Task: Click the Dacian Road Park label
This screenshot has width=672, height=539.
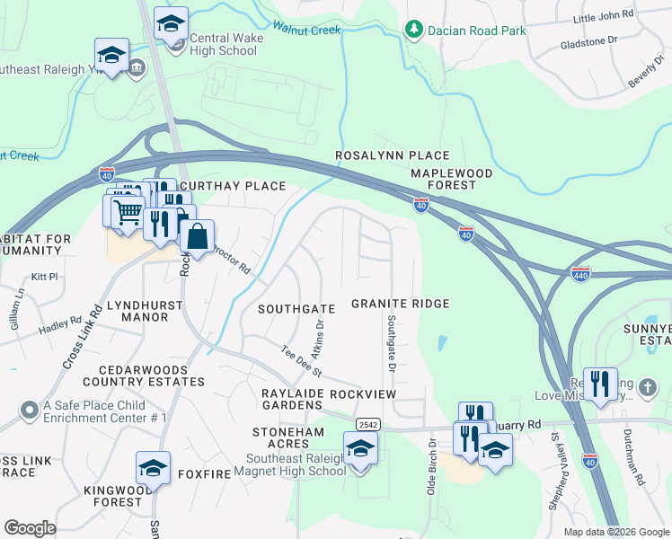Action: coord(477,31)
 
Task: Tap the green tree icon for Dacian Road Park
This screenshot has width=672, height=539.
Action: coord(413,31)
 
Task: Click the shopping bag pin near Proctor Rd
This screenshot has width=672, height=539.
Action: coord(198,238)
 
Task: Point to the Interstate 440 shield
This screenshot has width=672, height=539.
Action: coord(581,272)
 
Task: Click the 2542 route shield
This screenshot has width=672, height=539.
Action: coord(367,424)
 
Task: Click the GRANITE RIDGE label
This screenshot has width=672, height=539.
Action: coord(400,305)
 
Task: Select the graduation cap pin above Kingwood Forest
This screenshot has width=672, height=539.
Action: coord(153,468)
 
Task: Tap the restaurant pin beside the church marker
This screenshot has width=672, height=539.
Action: coord(600,384)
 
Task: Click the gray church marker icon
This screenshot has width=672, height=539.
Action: coord(650,389)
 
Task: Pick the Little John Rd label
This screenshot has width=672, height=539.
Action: coord(603,16)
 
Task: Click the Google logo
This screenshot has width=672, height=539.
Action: coord(31,528)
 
